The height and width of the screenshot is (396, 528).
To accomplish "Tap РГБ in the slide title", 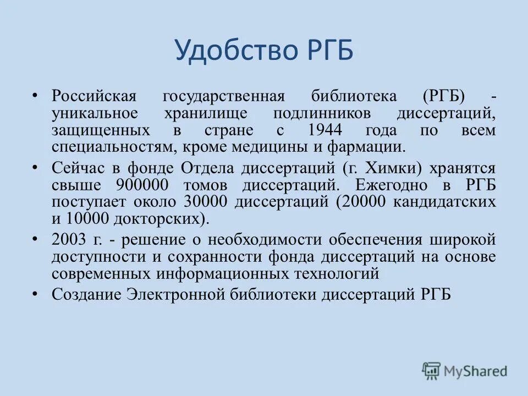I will [x=328, y=51].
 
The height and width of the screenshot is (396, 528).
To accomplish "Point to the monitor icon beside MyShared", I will [x=431, y=371].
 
